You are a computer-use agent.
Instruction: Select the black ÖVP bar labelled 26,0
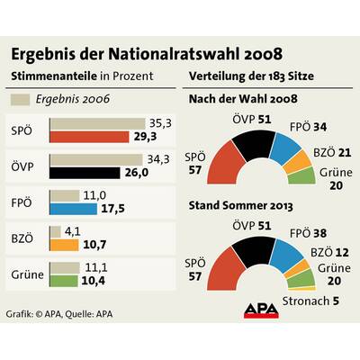pyautogui.click(x=88, y=171)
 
